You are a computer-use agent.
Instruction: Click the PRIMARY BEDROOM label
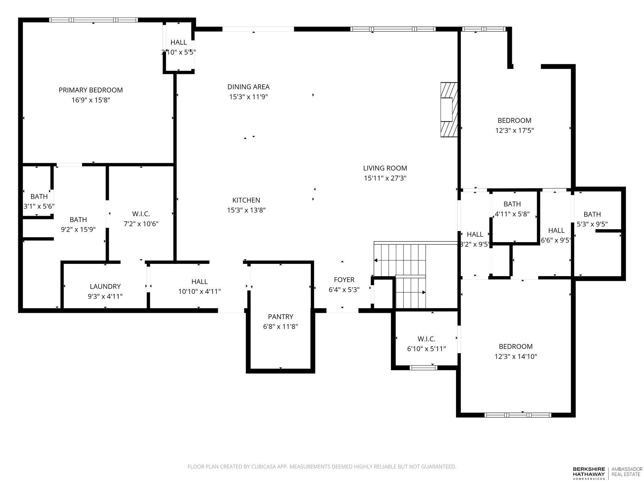91,90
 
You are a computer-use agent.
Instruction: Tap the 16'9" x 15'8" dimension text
91,100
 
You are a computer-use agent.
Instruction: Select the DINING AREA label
248,87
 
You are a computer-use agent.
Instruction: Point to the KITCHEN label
246,200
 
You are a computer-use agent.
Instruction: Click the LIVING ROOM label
385,168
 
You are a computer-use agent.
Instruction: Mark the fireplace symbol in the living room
449,110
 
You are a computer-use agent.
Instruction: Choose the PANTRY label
280,317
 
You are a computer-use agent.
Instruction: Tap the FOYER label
344,280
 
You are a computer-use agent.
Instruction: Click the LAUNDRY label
105,286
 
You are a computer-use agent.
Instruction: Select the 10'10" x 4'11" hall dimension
199,291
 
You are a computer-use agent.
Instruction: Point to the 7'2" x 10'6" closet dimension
141,224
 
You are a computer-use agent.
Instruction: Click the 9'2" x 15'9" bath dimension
78,230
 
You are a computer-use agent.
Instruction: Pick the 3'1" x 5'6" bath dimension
39,207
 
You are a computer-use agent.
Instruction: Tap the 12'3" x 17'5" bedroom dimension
514,130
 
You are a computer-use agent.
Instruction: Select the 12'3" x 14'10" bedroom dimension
516,357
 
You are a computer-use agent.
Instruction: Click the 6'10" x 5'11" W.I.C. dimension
426,349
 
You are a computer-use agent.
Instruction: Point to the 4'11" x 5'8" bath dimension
512,214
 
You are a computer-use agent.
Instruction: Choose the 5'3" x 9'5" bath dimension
592,224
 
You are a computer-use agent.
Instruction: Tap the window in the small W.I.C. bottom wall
424,367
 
